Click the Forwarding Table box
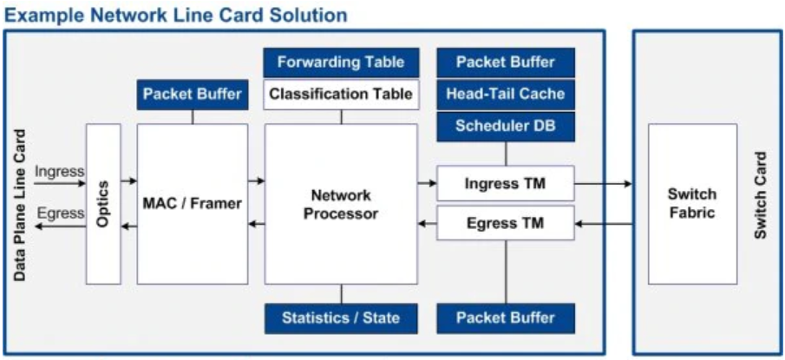tap(341, 62)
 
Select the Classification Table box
tap(341, 94)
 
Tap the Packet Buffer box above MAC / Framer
tap(192, 94)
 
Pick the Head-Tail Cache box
tap(505, 94)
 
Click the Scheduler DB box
tap(505, 126)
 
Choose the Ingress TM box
tap(505, 184)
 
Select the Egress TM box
tap(505, 223)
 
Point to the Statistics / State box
tap(341, 317)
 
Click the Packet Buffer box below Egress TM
tap(505, 317)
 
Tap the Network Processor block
tap(341, 204)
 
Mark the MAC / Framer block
tap(192, 204)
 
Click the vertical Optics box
tap(103, 204)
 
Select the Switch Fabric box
tap(691, 204)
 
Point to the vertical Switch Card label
tap(760, 196)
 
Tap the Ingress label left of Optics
tap(59, 172)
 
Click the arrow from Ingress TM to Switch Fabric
tap(603, 184)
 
